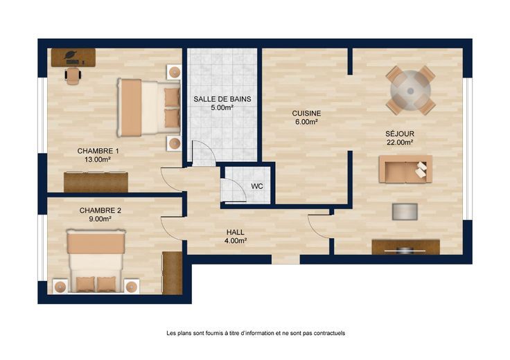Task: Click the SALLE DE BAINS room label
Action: pos(222,99)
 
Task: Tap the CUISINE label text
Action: pos(306,114)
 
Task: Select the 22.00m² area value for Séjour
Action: pos(400,142)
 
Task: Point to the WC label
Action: pos(257,186)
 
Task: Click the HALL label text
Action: pos(236,233)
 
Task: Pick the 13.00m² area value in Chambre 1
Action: pos(98,159)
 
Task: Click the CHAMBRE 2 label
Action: pos(100,210)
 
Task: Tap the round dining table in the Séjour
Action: pos(410,91)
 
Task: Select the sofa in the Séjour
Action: pos(405,169)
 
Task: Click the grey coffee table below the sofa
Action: pos(405,212)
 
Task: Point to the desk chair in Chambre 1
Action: pos(73,76)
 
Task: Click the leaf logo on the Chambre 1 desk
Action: pos(70,55)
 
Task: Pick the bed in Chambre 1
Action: pos(149,107)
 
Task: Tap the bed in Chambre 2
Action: pos(96,261)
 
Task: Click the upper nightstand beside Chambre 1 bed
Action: pos(175,72)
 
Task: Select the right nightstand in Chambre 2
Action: pos(132,287)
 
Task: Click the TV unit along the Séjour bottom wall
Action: pos(405,247)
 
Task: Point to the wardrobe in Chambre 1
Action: pos(96,182)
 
